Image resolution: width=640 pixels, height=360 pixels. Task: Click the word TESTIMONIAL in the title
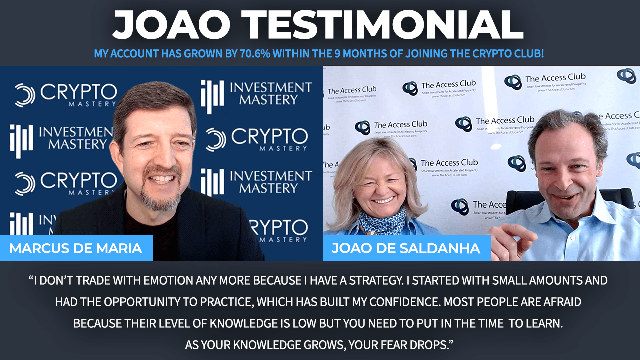point(385,25)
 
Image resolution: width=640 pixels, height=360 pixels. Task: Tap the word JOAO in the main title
point(171,25)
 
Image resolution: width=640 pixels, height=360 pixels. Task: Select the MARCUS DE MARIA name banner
point(76,248)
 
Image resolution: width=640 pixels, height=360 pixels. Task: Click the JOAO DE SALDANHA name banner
point(407,248)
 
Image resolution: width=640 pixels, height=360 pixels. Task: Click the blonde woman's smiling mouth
point(383,200)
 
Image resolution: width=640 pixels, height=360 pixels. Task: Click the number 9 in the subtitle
point(337,53)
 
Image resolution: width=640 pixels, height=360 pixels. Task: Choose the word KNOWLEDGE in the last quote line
point(267,345)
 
